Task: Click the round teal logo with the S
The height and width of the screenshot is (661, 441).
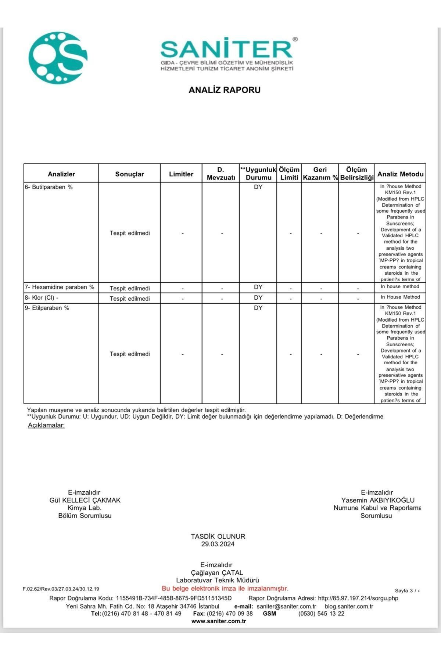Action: [58, 57]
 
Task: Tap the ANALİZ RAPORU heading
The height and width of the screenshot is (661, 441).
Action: [225, 90]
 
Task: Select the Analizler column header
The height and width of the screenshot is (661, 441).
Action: [61, 174]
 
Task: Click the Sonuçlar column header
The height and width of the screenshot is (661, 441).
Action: [129, 174]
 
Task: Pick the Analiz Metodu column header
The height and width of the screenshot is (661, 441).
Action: [400, 174]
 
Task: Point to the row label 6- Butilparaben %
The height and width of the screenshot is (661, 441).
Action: [49, 187]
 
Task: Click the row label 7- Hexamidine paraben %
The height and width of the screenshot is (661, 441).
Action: [60, 287]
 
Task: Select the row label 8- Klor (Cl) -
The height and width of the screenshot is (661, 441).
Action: [42, 297]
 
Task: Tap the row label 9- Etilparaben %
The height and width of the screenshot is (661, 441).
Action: [47, 308]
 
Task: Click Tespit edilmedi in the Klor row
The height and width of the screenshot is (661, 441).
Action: [130, 299]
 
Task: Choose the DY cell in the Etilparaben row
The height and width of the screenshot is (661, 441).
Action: [258, 308]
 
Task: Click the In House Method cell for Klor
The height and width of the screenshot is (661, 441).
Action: [400, 297]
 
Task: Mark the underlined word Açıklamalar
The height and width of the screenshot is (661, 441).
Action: [46, 425]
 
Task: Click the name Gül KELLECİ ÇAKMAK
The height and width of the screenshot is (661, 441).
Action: [85, 500]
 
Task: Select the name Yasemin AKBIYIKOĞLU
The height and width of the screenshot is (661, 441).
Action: [377, 500]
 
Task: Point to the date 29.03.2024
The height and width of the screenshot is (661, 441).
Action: [218, 544]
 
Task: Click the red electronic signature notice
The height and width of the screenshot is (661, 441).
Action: [225, 588]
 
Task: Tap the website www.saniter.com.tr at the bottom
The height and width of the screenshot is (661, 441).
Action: [219, 621]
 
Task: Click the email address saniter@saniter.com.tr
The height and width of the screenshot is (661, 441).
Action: [286, 606]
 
